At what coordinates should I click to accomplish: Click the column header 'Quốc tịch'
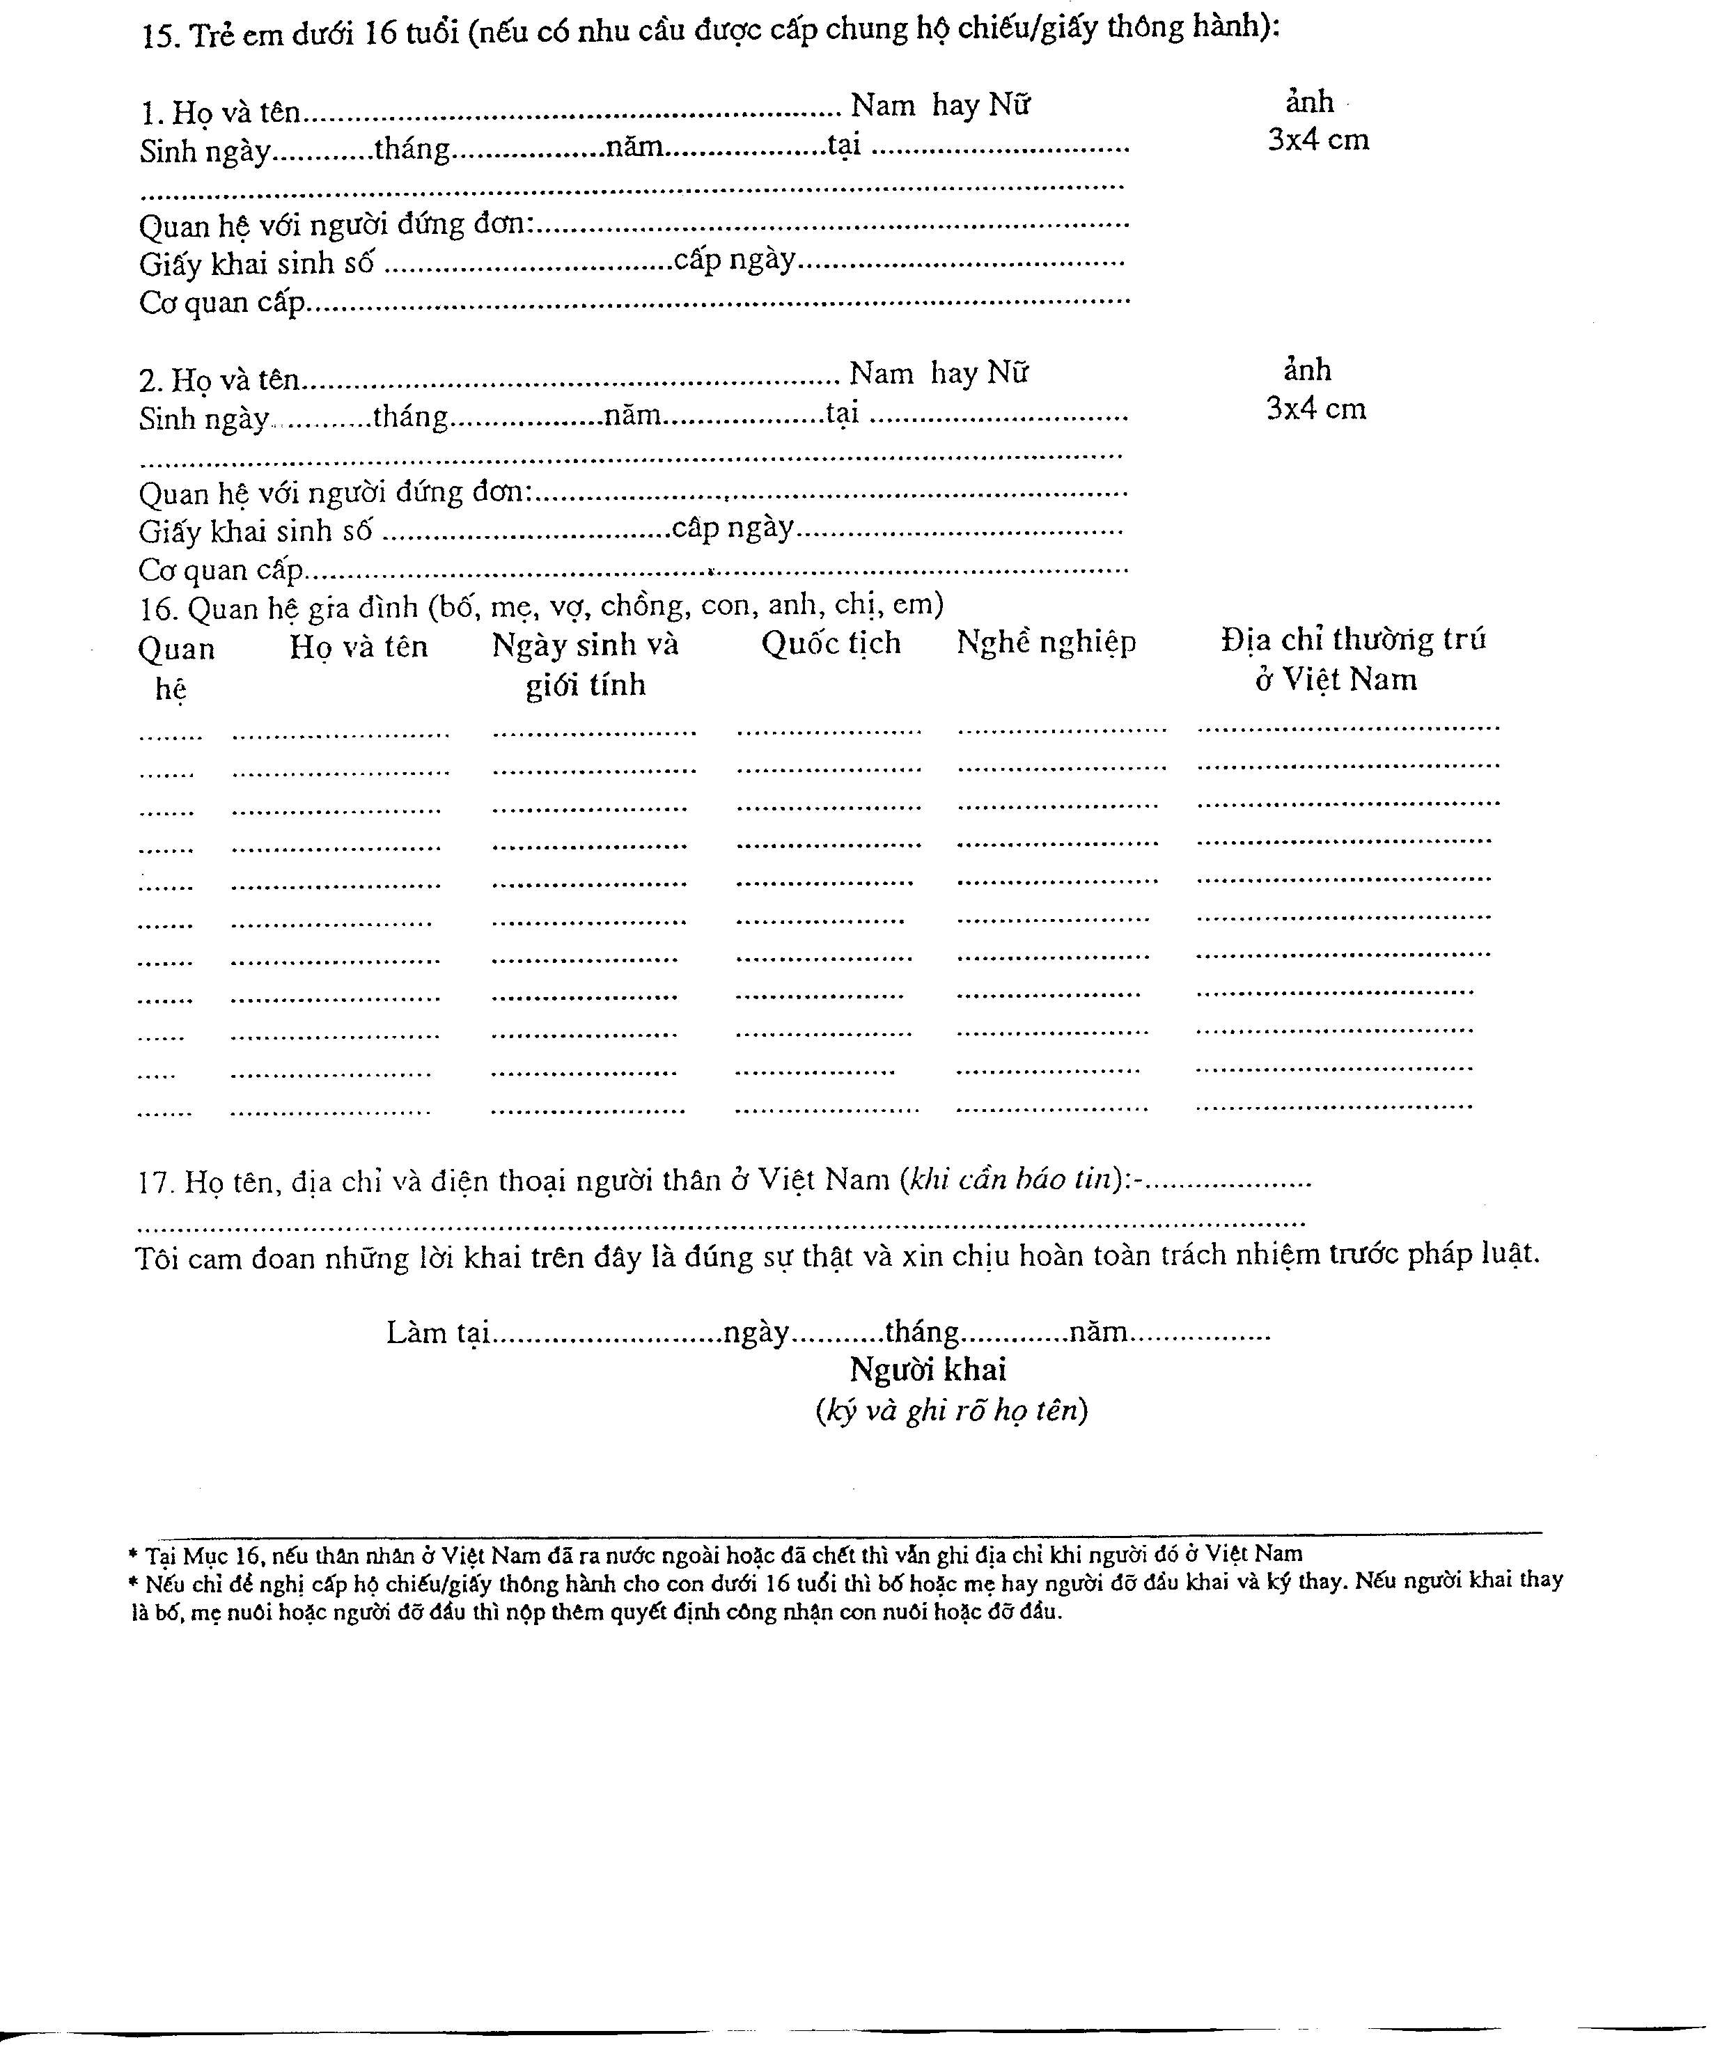(x=831, y=643)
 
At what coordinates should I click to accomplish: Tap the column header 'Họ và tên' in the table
(x=358, y=646)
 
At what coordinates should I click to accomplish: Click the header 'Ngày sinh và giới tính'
(x=585, y=664)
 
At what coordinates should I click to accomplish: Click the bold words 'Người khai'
(x=928, y=1370)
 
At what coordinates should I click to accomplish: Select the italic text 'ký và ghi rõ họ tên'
(x=952, y=1409)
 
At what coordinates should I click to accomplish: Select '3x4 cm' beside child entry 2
(x=1315, y=409)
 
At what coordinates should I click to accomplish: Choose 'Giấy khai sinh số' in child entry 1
(x=256, y=264)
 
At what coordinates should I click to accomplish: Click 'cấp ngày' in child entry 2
(x=732, y=528)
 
